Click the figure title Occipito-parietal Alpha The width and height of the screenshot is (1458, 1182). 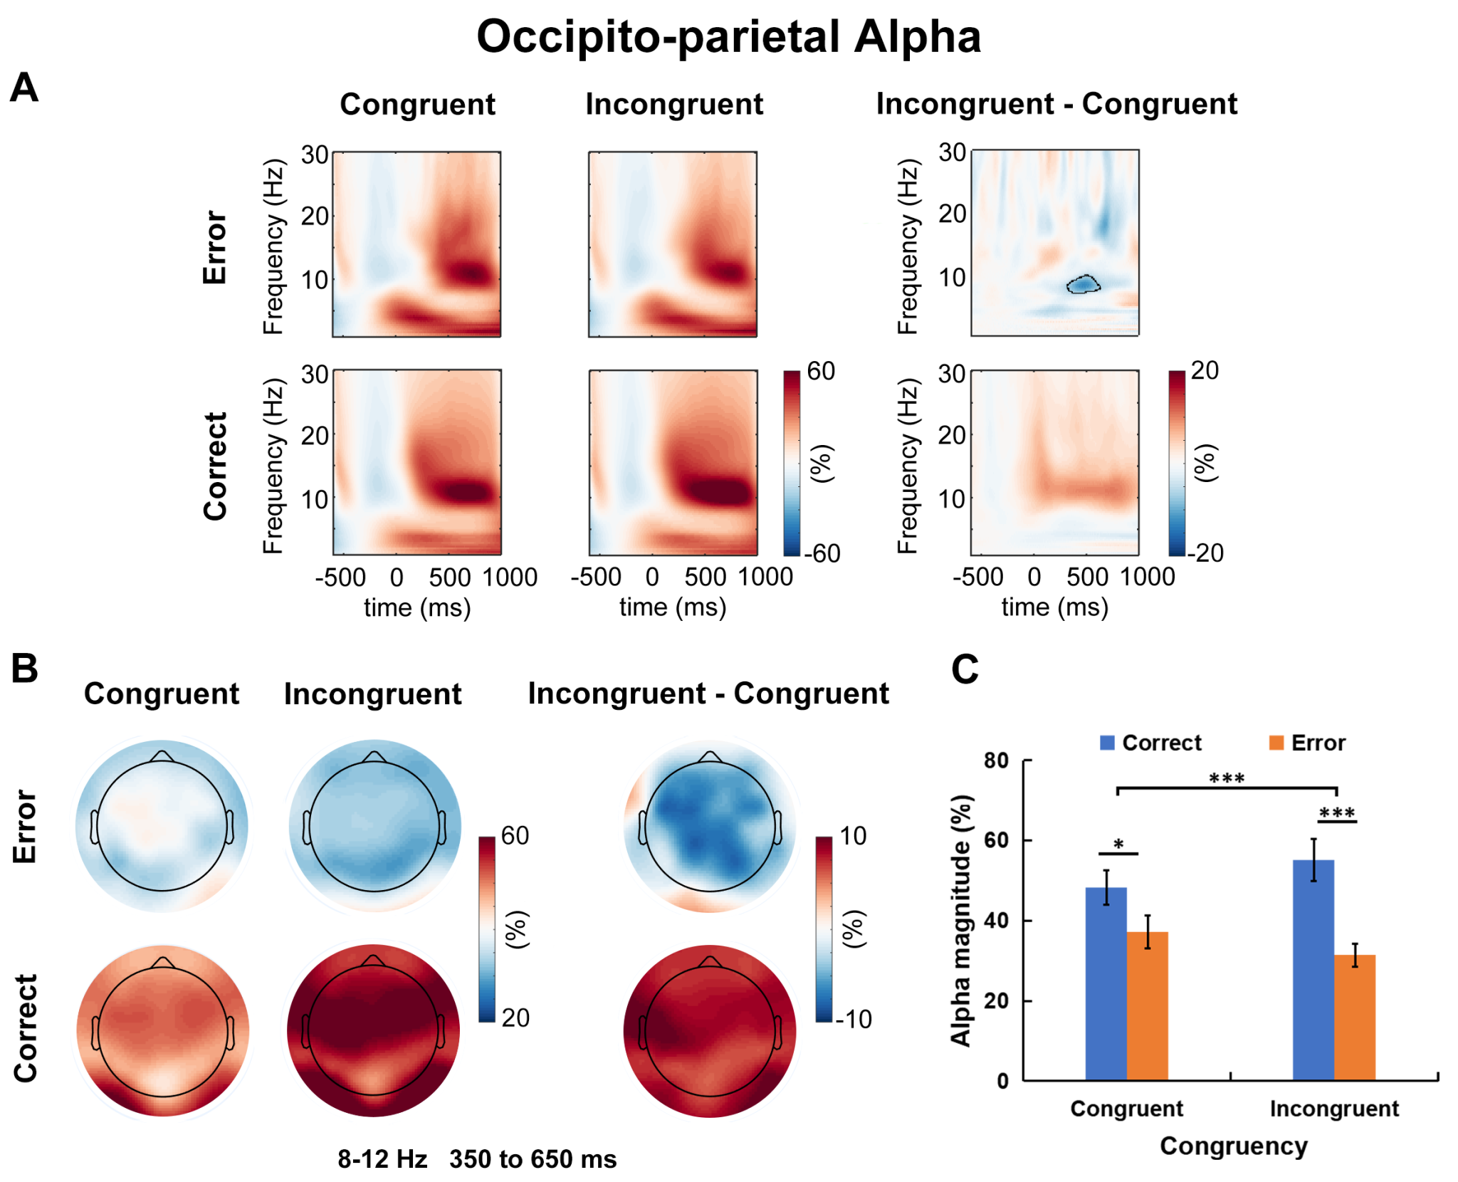point(728,37)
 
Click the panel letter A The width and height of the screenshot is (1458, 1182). point(24,88)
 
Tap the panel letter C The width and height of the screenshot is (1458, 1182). point(965,669)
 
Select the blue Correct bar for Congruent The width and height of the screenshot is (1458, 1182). point(1106,983)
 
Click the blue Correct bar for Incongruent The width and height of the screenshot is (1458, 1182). point(1313,968)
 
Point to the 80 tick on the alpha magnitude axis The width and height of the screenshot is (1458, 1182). point(997,760)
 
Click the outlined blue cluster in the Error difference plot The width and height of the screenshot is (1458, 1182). point(1083,284)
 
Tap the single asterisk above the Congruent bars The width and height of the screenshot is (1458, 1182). point(1118,845)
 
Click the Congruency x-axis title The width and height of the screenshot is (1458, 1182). point(1234,1146)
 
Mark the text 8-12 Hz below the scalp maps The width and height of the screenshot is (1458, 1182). point(382,1159)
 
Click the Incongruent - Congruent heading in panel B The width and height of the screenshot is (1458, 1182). point(708,694)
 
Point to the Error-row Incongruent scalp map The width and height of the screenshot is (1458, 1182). point(374,826)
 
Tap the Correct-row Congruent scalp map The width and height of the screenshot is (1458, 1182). point(163,1030)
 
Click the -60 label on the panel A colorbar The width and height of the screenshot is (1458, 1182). point(822,553)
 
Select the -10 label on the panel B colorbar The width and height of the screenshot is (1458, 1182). point(853,1019)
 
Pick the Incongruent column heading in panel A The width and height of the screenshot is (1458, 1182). point(673,105)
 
